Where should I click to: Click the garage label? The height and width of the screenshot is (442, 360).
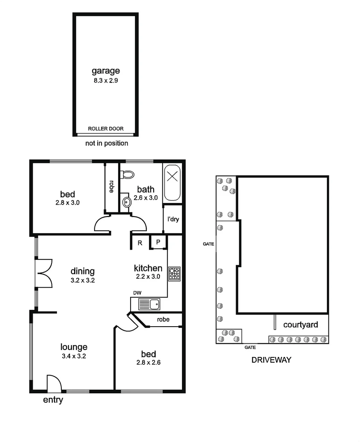tap(106, 71)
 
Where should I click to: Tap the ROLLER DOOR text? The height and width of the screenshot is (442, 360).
tap(106, 129)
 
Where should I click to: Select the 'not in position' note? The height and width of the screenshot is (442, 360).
tap(106, 143)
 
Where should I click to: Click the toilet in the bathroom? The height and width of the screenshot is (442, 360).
tap(128, 175)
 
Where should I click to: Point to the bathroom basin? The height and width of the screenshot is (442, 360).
tap(127, 201)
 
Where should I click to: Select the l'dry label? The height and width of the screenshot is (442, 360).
tap(173, 219)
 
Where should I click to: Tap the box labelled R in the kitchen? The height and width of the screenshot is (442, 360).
tap(139, 243)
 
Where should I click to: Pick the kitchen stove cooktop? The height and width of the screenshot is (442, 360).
tap(175, 273)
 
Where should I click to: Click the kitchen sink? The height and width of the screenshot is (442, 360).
tap(150, 304)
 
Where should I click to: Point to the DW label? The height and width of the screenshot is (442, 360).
tap(137, 293)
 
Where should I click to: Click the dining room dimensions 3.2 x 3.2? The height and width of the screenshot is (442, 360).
tap(83, 280)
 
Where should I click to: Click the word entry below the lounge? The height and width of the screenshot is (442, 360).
tap(53, 400)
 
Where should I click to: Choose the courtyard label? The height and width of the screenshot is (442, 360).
tap(301, 325)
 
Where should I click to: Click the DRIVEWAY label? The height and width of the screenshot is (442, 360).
tap(271, 360)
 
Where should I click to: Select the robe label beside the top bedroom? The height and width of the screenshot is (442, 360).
tap(111, 186)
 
